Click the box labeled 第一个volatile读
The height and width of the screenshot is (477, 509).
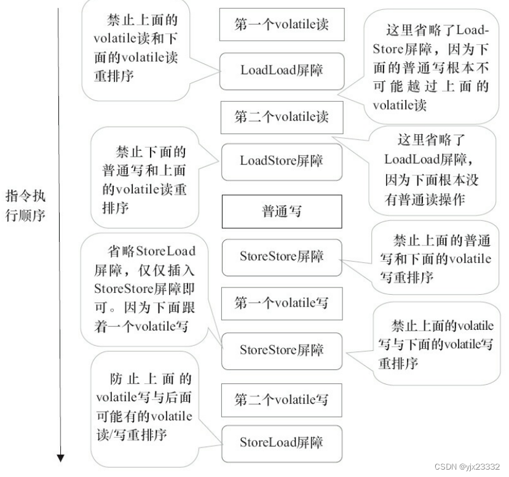tap(281, 24)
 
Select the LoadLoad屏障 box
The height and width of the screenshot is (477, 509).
tap(281, 70)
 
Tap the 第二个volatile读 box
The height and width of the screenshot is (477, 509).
tap(281, 116)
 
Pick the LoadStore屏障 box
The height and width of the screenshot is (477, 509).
tap(281, 161)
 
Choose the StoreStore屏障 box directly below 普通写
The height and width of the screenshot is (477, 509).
tap(281, 256)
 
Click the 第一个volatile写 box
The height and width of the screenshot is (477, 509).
tap(281, 303)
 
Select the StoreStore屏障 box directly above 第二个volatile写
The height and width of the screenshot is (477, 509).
tap(281, 350)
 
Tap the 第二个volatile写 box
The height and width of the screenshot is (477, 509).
tap(281, 399)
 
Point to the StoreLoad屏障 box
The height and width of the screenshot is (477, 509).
tap(281, 442)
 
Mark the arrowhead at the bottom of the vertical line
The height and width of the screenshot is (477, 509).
tap(60, 457)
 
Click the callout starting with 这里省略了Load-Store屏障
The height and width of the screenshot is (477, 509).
tap(430, 67)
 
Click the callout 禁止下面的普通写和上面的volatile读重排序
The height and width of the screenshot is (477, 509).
tap(145, 178)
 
